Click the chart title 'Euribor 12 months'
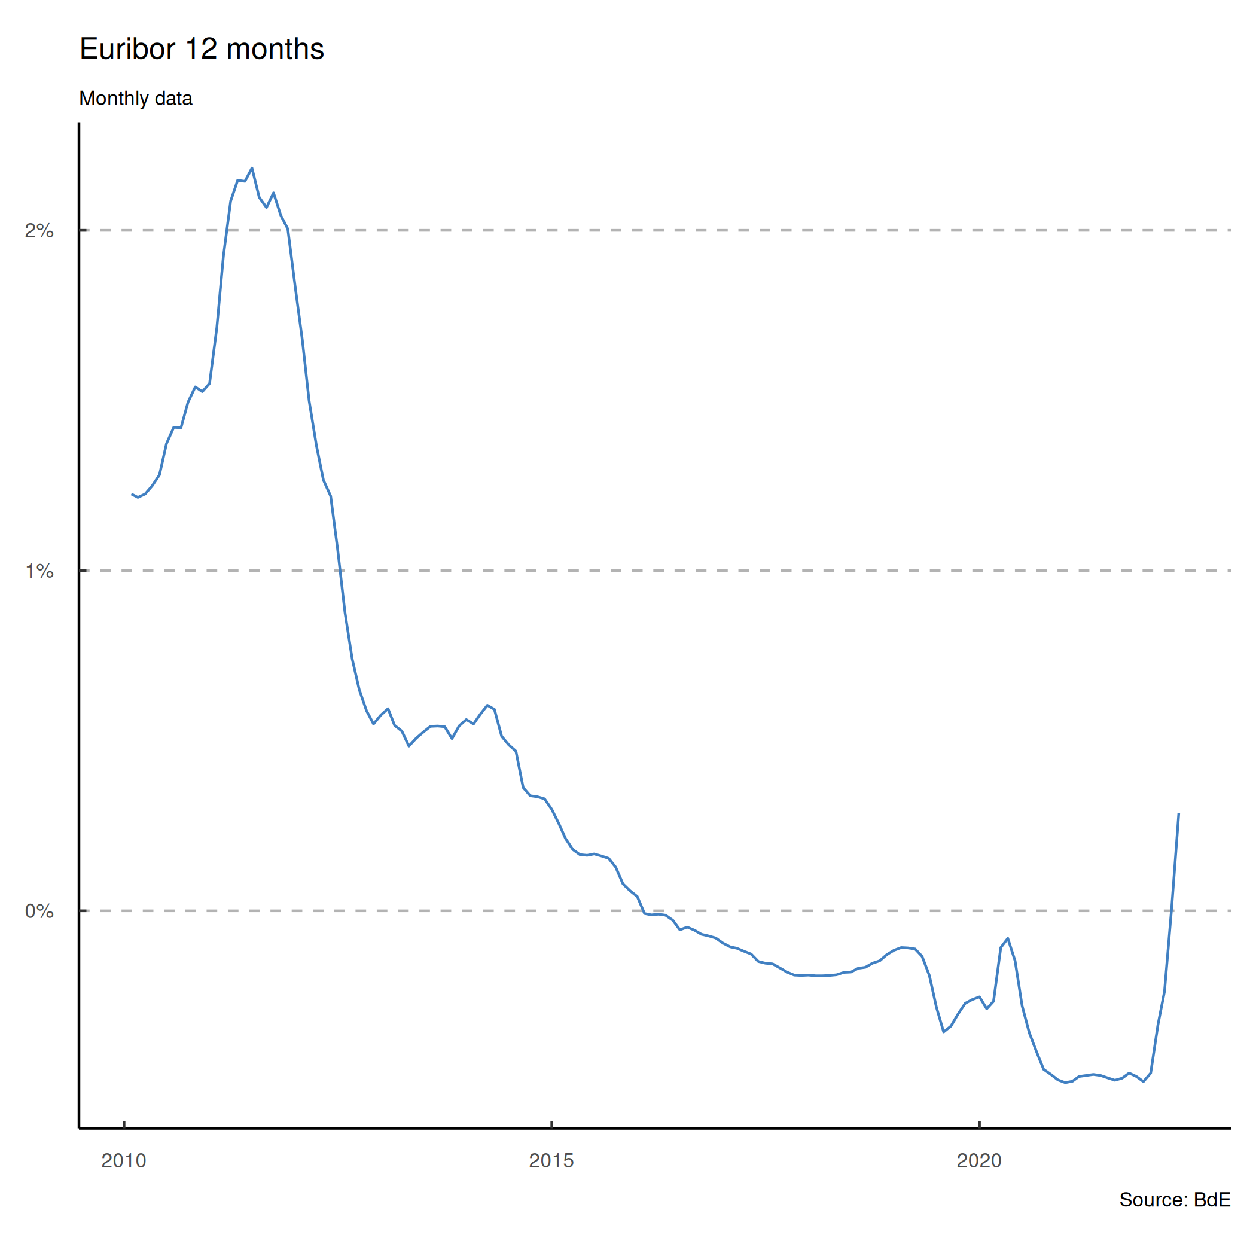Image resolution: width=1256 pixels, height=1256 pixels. tap(202, 50)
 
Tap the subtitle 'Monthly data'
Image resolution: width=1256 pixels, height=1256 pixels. tap(135, 99)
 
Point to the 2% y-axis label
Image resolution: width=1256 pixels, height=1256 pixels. tap(39, 231)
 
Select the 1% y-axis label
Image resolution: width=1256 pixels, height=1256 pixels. tap(39, 571)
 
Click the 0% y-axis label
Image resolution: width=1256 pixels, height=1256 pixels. tap(39, 911)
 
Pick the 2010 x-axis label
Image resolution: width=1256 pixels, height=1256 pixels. tap(124, 1160)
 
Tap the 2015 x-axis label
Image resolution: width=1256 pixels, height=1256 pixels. tap(551, 1160)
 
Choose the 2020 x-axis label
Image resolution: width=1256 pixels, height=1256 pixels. tap(979, 1160)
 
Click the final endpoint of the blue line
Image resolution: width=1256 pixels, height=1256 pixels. tap(1179, 813)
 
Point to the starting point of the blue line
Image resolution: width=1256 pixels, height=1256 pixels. tap(132, 494)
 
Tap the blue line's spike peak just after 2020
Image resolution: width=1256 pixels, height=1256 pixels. tap(1008, 939)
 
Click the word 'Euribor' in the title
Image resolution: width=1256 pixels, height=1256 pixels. tap(127, 50)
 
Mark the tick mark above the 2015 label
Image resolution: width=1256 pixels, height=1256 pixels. tap(551, 1124)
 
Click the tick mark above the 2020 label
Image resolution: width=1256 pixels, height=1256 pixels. tap(979, 1124)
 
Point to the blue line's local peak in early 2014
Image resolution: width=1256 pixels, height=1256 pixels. tap(487, 705)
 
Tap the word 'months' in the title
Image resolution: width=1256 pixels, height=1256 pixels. tap(275, 50)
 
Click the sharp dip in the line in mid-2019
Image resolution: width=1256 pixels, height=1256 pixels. tap(943, 1032)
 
